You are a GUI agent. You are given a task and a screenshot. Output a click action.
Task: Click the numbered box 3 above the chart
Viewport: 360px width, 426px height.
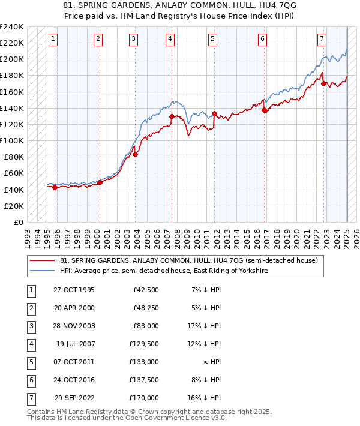pos(133,39)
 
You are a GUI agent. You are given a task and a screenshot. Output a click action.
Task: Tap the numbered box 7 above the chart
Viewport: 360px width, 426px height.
pos(322,39)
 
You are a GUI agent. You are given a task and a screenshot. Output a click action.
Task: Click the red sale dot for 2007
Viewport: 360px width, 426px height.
pos(172,116)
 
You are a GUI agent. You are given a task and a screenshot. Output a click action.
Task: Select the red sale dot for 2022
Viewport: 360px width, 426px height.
pos(324,83)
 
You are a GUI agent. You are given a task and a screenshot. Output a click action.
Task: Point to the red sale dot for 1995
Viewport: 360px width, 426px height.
pos(55,187)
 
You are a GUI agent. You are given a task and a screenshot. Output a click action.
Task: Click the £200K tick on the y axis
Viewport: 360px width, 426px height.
pos(12,59)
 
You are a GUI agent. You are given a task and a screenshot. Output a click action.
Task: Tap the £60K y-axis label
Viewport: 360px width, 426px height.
pos(13,173)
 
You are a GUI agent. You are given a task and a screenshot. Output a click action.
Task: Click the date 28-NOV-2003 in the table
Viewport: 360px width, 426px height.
pos(74,326)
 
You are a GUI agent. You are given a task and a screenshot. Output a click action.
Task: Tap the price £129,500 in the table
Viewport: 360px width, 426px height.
pos(144,344)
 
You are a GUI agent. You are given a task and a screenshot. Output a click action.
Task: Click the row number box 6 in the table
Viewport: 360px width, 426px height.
pos(31,380)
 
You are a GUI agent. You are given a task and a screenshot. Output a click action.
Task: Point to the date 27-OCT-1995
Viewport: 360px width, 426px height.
pos(74,290)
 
